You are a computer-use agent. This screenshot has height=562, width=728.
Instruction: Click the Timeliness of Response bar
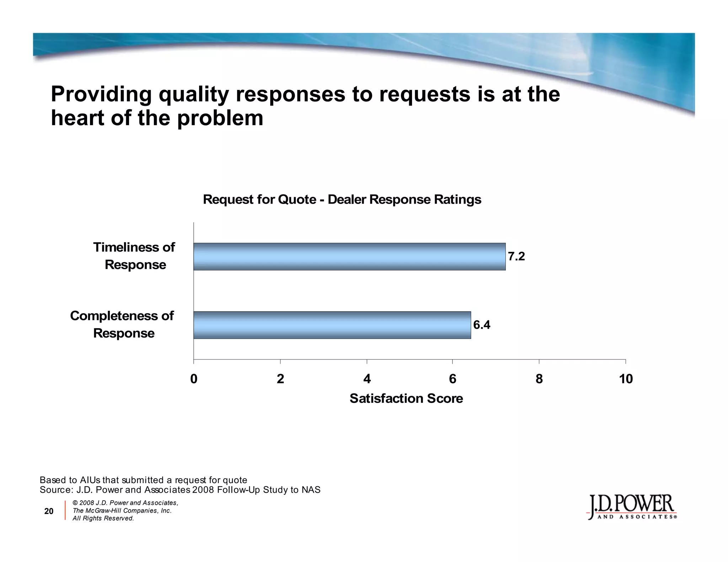pos(349,256)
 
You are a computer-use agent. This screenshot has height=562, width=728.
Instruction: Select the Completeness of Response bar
pos(332,325)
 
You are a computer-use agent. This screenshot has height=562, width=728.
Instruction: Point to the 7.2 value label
pos(516,256)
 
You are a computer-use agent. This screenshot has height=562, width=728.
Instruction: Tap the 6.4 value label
pos(482,325)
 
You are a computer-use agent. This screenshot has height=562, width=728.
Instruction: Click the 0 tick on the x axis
pos(194,379)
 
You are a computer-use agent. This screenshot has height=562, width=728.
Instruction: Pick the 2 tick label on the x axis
pos(280,379)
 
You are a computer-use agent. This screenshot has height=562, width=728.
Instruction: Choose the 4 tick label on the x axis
pos(367,379)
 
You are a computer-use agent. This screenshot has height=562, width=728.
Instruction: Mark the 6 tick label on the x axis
pos(453,379)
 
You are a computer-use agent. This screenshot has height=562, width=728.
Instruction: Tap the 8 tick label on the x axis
pos(539,379)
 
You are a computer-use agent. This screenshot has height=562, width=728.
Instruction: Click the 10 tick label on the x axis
pos(626,379)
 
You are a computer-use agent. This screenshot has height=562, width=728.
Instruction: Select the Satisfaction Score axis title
pos(406,399)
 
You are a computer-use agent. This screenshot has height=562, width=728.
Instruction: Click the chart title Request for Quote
pos(342,200)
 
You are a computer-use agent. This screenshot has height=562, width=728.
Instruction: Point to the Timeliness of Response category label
pos(134,256)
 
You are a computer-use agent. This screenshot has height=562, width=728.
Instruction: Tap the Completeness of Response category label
pos(122,324)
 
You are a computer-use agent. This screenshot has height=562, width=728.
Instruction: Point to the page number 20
pos(49,511)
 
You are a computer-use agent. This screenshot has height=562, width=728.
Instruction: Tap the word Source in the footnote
pos(55,490)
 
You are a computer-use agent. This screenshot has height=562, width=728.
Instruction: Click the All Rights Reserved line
pos(103,518)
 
